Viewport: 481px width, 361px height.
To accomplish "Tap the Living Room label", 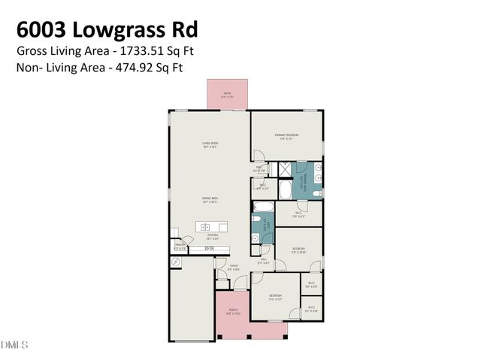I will (x=209, y=144).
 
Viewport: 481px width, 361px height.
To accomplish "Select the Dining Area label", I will (x=209, y=200).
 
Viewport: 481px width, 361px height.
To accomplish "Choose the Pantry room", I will (x=180, y=246).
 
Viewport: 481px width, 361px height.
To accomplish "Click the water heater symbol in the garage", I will (x=177, y=262).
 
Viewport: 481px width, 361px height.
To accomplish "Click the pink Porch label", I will (x=233, y=313).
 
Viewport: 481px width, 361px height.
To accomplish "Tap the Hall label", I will (x=263, y=262).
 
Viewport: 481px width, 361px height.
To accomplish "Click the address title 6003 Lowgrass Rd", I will (x=106, y=30).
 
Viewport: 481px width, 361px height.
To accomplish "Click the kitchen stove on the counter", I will (x=210, y=247).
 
